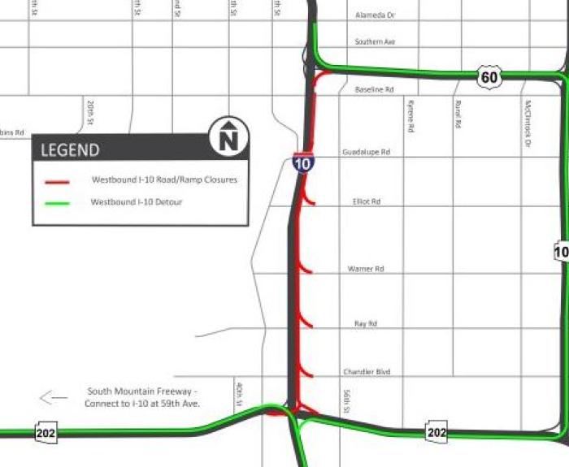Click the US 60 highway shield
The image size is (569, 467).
[x=489, y=77]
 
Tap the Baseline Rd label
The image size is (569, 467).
[x=374, y=89]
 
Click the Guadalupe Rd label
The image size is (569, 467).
[x=366, y=152]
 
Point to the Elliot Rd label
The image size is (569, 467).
[x=367, y=201]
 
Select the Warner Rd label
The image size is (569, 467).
[x=365, y=268]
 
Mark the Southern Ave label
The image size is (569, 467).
[x=375, y=41]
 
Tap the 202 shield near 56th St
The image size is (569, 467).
[x=437, y=432]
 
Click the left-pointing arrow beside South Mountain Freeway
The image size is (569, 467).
[x=54, y=398]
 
